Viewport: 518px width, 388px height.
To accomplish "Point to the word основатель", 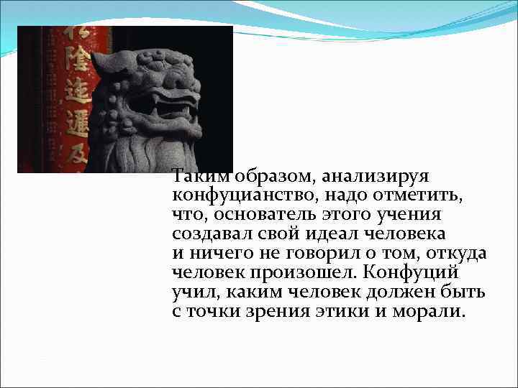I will click(260, 215).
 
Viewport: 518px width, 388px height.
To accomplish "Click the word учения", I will click(414, 215).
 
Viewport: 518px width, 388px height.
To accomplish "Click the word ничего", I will click(215, 254).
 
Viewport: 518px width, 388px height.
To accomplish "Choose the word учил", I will click(193, 292).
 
